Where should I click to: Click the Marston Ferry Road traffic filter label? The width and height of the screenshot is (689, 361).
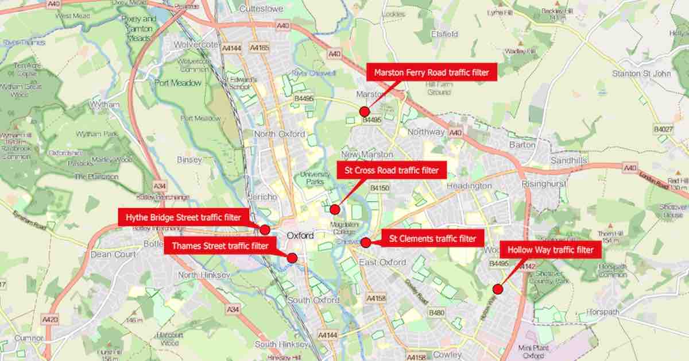[x=427, y=73]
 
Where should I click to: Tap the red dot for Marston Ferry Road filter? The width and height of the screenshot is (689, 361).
[x=363, y=112]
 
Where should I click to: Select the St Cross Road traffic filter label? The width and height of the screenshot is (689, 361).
[x=391, y=170]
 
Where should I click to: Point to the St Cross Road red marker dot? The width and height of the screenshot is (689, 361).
[x=335, y=209]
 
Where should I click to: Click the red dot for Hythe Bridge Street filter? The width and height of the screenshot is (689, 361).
[x=265, y=230]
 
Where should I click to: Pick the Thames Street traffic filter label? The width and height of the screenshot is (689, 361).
[x=219, y=246]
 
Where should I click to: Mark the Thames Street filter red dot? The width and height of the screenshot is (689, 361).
[x=292, y=258]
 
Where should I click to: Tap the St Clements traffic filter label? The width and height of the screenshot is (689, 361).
[x=432, y=238]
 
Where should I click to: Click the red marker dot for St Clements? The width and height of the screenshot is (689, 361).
[x=366, y=243]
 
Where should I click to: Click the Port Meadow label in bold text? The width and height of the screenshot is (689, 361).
[x=178, y=83]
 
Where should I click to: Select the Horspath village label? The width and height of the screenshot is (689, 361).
[x=605, y=313]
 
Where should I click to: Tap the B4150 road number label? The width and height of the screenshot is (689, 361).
[x=380, y=188]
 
